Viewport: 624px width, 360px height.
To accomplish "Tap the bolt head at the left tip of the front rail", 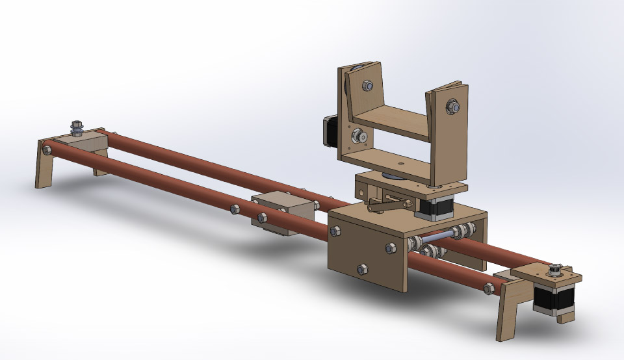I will pyautogui.click(x=46, y=150).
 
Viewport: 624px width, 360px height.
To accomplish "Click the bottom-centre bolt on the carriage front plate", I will pyautogui.click(x=361, y=268).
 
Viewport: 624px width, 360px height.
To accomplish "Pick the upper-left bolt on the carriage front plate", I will pyautogui.click(x=337, y=231).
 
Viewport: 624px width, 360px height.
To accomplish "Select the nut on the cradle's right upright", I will pyautogui.click(x=451, y=105).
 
